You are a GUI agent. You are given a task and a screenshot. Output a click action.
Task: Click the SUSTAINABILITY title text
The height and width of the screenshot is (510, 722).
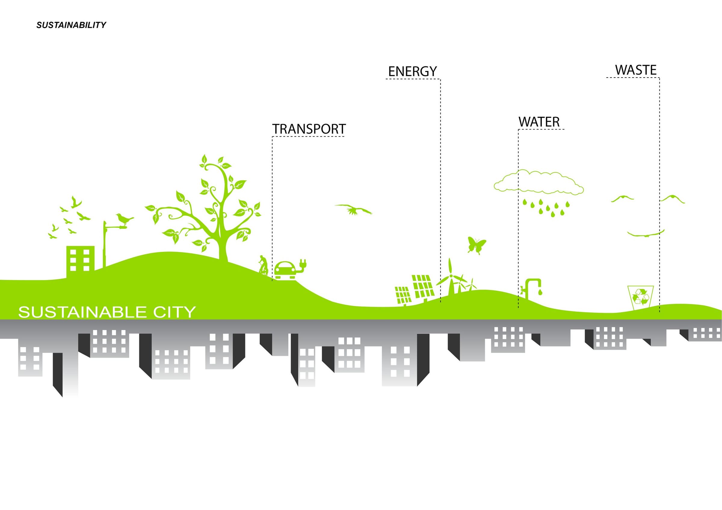coord(71,25)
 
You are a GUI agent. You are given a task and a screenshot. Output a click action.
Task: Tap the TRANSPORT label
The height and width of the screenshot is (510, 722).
coord(309,129)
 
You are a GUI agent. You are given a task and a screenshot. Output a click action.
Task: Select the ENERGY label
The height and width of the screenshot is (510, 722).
coord(412,71)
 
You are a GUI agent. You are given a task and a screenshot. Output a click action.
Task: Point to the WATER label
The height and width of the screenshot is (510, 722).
coord(539,122)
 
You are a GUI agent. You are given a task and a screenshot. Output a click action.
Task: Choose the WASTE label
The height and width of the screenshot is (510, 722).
coord(636,70)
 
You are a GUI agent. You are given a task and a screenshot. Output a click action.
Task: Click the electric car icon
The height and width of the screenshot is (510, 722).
coord(285,270)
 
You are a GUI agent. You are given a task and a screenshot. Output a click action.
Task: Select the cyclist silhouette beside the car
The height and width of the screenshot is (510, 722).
coord(264,264)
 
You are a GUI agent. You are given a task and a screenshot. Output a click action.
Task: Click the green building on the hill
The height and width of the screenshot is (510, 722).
coord(80,261)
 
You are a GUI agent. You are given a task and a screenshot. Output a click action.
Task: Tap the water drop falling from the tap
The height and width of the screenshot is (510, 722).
coord(540,292)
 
